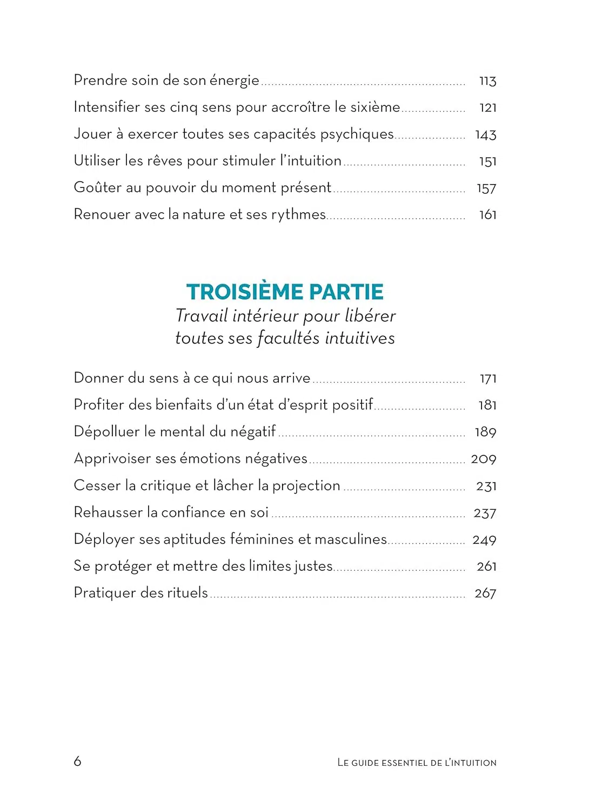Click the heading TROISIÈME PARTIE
285,292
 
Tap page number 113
487,81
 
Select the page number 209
483,459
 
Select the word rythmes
298,215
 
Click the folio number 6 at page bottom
77,761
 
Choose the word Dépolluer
106,432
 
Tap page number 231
486,486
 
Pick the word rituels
187,593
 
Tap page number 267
485,593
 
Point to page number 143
485,135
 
